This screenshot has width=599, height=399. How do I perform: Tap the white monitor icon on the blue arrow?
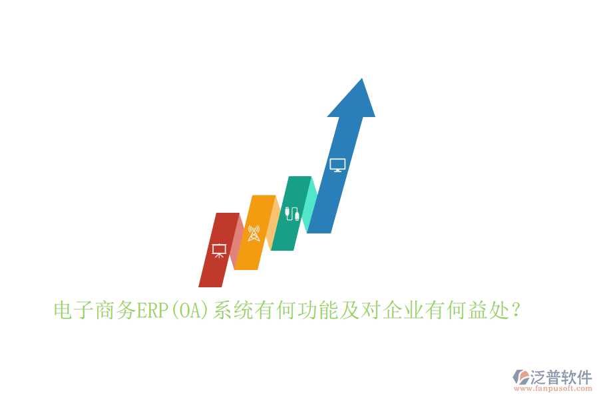coord(337,165)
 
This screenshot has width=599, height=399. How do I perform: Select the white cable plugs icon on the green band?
coord(292,213)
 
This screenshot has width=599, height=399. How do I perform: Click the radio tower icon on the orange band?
coord(254,233)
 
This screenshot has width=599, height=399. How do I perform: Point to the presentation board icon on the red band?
coord(218,251)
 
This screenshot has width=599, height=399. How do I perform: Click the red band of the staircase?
coord(212,269)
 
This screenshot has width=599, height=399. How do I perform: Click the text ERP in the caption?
coord(153,311)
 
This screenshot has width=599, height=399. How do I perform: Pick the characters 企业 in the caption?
coord(403,311)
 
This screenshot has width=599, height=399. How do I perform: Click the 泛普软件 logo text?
coord(561,377)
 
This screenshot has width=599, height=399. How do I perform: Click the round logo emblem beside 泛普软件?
coord(519,377)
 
